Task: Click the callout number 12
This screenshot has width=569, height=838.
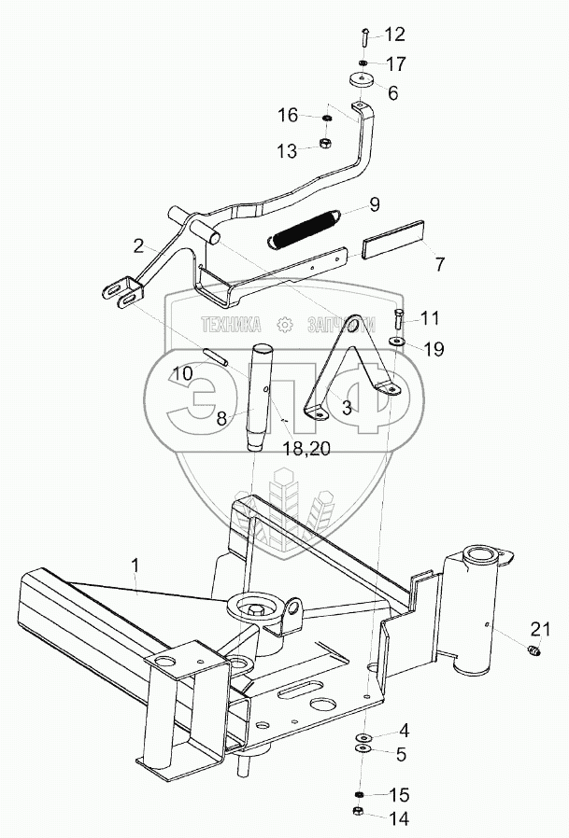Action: (394, 35)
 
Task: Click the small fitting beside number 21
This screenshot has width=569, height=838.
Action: (535, 649)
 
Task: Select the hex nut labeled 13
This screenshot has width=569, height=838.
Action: (326, 144)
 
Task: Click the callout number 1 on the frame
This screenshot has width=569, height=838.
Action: (135, 566)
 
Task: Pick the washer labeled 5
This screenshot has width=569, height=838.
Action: (363, 748)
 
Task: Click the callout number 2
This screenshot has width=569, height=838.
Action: (138, 246)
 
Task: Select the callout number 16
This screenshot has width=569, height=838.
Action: (287, 116)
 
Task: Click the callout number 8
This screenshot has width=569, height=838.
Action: (221, 418)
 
